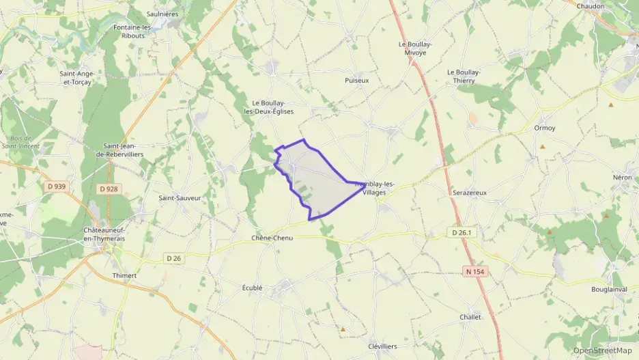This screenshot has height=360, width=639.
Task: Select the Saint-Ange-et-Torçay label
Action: [x=76, y=78]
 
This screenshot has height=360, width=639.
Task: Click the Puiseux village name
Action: [x=356, y=80]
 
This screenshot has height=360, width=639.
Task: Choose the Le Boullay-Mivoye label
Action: [x=415, y=48]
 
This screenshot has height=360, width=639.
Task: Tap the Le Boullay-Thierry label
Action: [x=464, y=76]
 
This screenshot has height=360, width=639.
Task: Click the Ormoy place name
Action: [x=544, y=128]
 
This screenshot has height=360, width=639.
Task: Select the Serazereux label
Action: [x=469, y=193]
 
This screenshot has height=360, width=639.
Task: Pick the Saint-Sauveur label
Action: [x=180, y=198]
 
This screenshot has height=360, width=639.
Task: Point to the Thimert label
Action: [x=124, y=275]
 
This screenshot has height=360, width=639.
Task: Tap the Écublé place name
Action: [x=252, y=288]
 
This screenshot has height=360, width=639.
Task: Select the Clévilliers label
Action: [x=382, y=346]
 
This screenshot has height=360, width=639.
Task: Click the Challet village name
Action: [x=470, y=317]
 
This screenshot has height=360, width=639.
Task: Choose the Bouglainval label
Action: [x=608, y=289]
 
